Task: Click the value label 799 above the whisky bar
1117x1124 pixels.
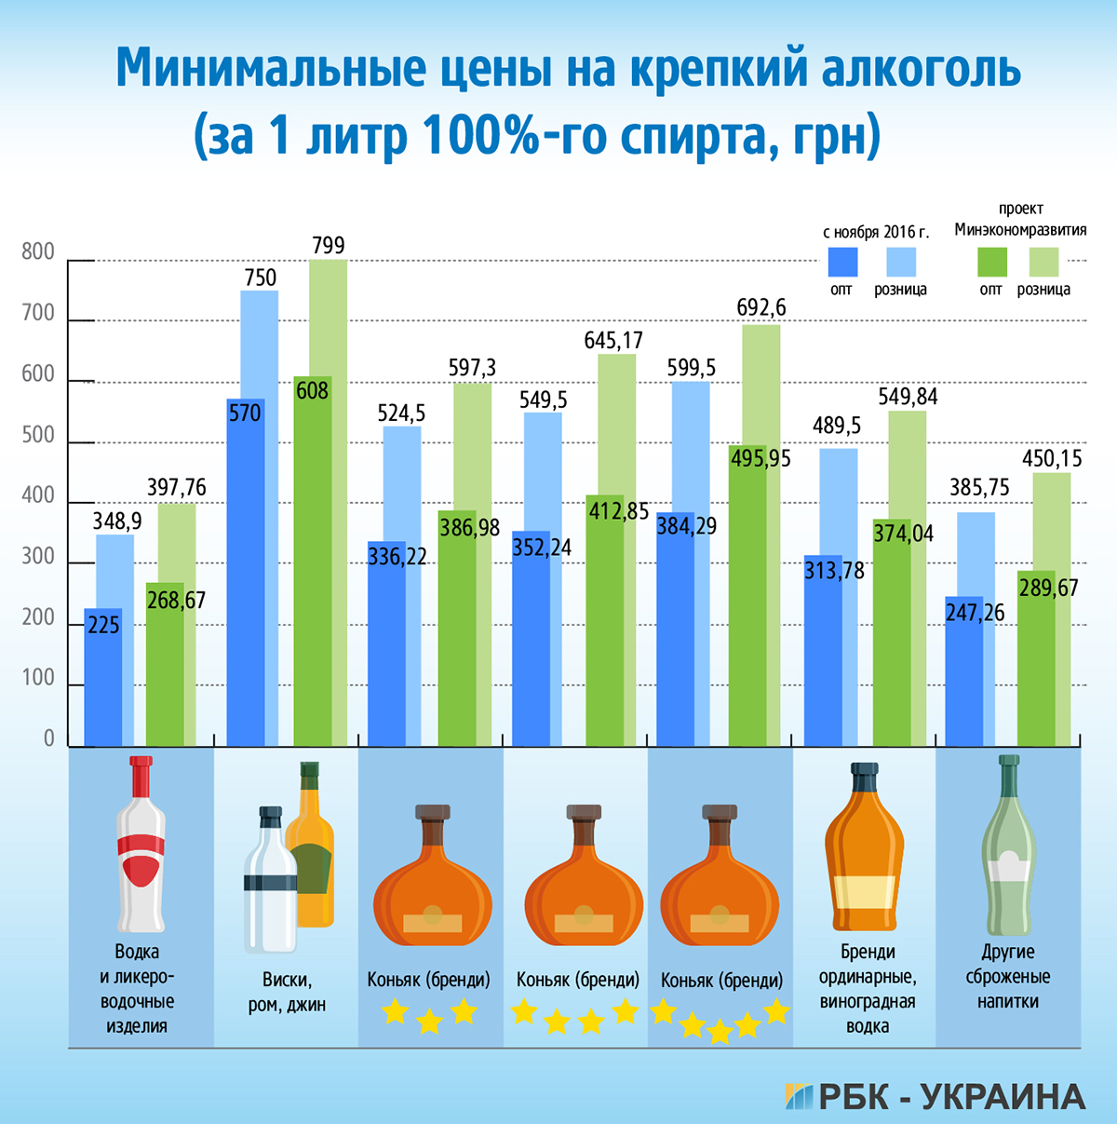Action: (x=329, y=246)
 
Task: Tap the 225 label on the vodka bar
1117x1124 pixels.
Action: (x=103, y=625)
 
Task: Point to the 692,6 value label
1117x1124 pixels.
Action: (x=761, y=307)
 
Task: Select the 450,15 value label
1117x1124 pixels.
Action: (x=1053, y=458)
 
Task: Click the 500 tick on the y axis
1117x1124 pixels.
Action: (x=38, y=436)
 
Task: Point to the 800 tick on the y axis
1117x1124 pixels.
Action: (x=38, y=252)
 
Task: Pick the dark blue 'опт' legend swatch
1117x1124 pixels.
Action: (x=842, y=262)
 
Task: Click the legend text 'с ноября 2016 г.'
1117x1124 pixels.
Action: (x=876, y=233)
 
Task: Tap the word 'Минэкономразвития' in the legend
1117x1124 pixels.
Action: (x=1020, y=230)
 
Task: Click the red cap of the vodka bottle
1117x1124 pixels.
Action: (x=141, y=774)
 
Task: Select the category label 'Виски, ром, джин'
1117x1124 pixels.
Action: (x=287, y=993)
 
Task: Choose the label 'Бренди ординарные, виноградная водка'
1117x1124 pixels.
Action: (x=868, y=989)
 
